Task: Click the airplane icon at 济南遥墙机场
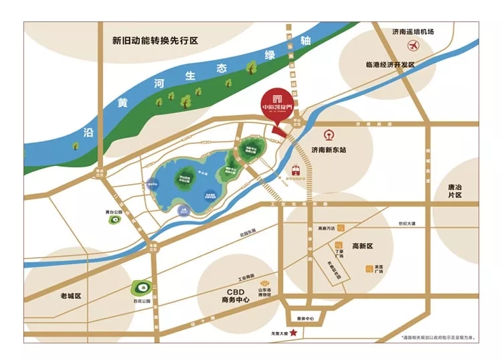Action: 413,46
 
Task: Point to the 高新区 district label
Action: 365,247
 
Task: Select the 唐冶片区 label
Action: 461,193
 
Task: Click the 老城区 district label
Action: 70,295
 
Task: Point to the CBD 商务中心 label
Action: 235,295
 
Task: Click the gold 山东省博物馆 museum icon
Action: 268,284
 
